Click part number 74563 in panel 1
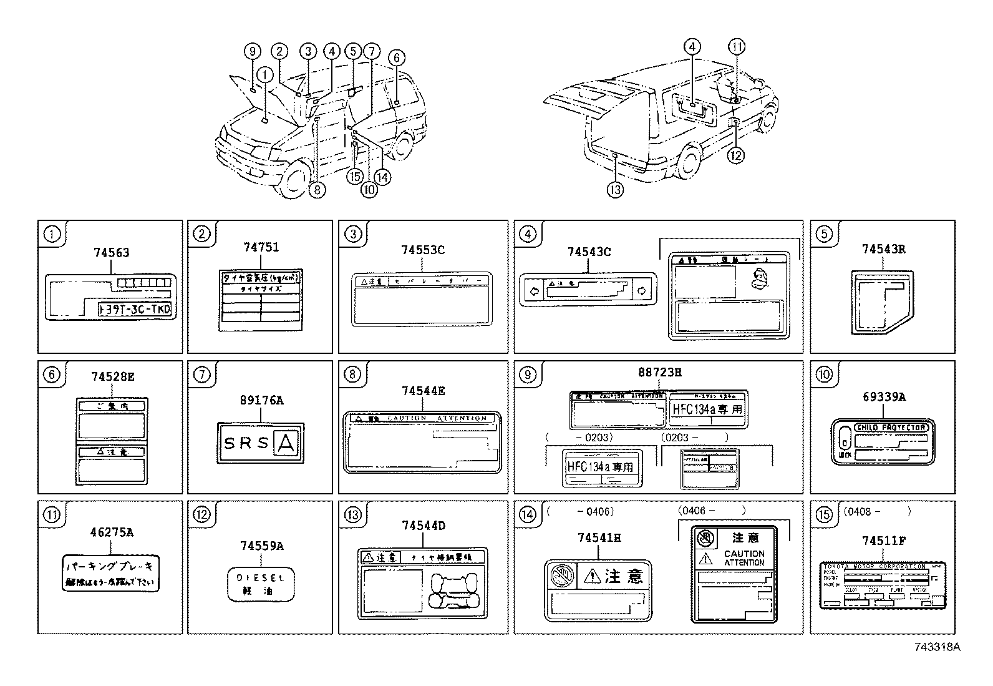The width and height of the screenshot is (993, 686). (x=111, y=252)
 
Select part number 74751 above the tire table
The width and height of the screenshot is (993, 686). (x=261, y=247)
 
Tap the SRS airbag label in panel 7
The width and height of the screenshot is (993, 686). (x=260, y=443)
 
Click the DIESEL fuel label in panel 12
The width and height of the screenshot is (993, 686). (x=260, y=584)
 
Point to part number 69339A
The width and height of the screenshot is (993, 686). (x=884, y=396)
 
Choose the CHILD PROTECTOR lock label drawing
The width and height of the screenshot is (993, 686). (x=883, y=441)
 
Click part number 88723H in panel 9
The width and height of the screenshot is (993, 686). (x=659, y=372)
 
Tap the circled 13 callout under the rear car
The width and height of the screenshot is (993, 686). (x=615, y=189)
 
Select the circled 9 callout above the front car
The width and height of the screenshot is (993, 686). (x=252, y=52)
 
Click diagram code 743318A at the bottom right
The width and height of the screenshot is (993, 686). (x=937, y=647)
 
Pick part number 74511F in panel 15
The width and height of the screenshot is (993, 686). (x=884, y=540)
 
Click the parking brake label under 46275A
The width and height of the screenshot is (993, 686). (x=111, y=574)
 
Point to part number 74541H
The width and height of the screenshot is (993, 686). (x=599, y=537)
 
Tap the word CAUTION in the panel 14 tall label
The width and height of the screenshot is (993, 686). (x=744, y=554)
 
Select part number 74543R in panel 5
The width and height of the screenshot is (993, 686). (x=883, y=248)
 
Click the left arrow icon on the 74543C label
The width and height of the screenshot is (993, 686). (x=533, y=290)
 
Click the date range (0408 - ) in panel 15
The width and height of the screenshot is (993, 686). (x=876, y=511)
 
